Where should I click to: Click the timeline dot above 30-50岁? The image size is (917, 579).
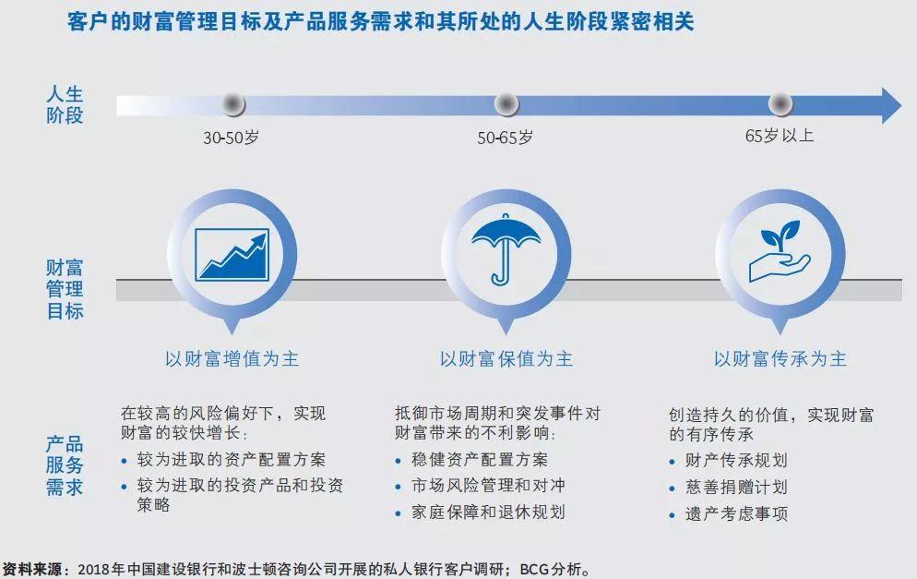tap(232, 104)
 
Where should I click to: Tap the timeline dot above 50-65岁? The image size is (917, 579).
tap(506, 104)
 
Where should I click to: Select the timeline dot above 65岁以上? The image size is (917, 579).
tap(780, 104)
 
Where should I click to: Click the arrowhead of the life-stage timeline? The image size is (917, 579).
tap(891, 105)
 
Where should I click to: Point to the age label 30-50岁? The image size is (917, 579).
tap(231, 139)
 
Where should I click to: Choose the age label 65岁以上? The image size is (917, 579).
tap(780, 136)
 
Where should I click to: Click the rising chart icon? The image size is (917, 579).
tap(232, 255)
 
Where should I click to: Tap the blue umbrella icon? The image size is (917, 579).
tap(506, 249)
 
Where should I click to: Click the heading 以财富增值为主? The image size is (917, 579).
tap(232, 358)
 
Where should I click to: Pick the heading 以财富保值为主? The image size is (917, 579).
tap(506, 358)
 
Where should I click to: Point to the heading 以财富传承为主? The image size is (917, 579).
tap(780, 358)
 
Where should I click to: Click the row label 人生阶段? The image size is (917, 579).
tap(65, 104)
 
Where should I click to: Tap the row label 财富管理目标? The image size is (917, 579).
tap(65, 289)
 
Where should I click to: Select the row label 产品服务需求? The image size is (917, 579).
tap(65, 465)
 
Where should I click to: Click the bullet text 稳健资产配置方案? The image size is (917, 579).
tap(480, 460)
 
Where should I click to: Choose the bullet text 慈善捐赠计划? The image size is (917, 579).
tap(737, 487)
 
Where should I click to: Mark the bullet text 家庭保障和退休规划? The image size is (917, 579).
tap(488, 513)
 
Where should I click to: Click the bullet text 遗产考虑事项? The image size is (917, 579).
tap(737, 514)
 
